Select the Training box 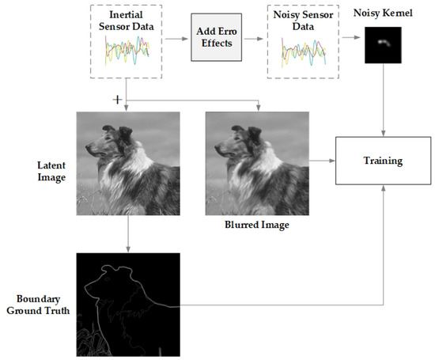click(x=383, y=161)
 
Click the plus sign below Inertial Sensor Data click(x=118, y=100)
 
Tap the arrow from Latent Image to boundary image click(x=127, y=233)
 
